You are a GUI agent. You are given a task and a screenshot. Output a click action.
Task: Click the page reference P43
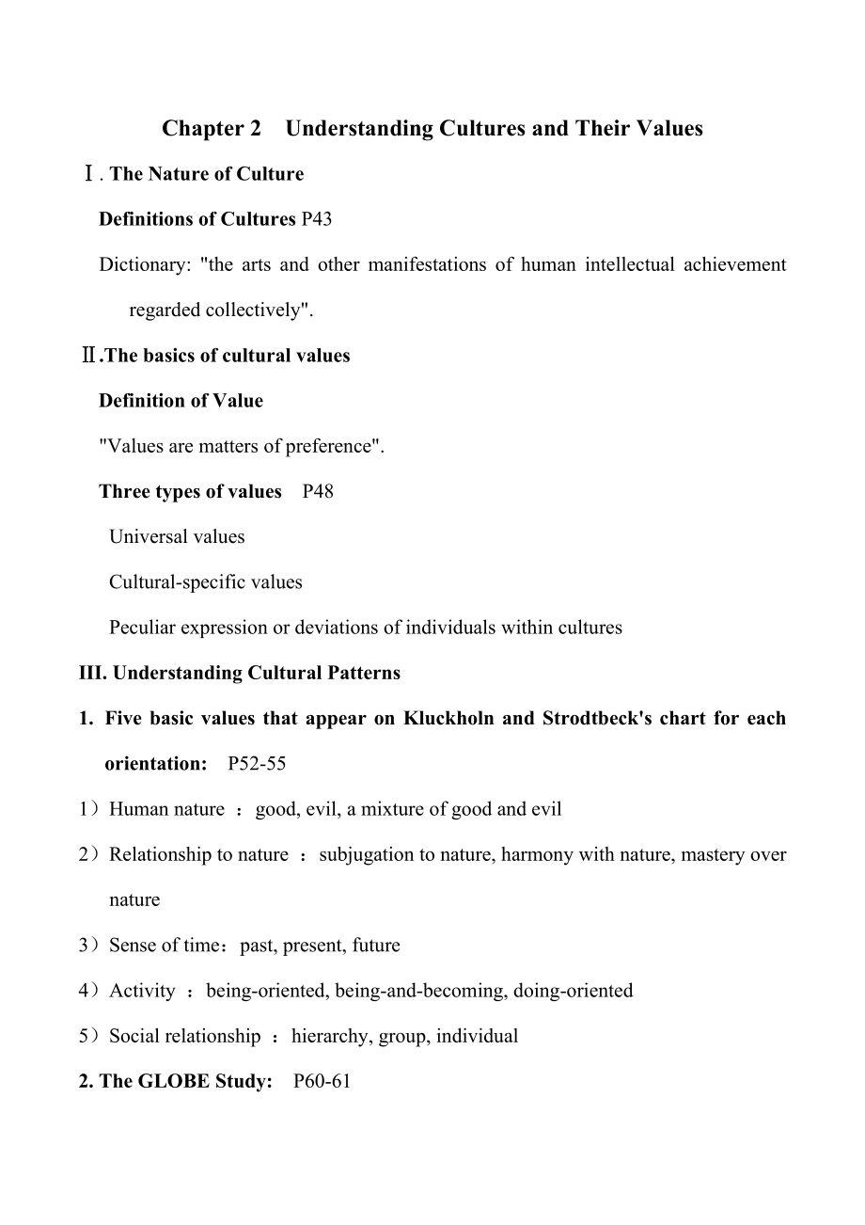click(x=316, y=219)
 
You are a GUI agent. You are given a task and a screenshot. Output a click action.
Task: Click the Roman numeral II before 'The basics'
click(x=88, y=356)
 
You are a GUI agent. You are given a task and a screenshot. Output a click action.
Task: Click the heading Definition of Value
click(x=181, y=401)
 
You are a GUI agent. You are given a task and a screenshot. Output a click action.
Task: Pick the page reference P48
click(x=318, y=492)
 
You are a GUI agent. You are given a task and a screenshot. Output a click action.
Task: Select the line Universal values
click(x=177, y=537)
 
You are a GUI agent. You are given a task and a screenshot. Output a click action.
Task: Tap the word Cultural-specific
click(x=170, y=582)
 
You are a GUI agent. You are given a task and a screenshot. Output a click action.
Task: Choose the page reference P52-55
click(x=257, y=764)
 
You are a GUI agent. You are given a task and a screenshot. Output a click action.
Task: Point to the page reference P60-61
click(x=322, y=1082)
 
